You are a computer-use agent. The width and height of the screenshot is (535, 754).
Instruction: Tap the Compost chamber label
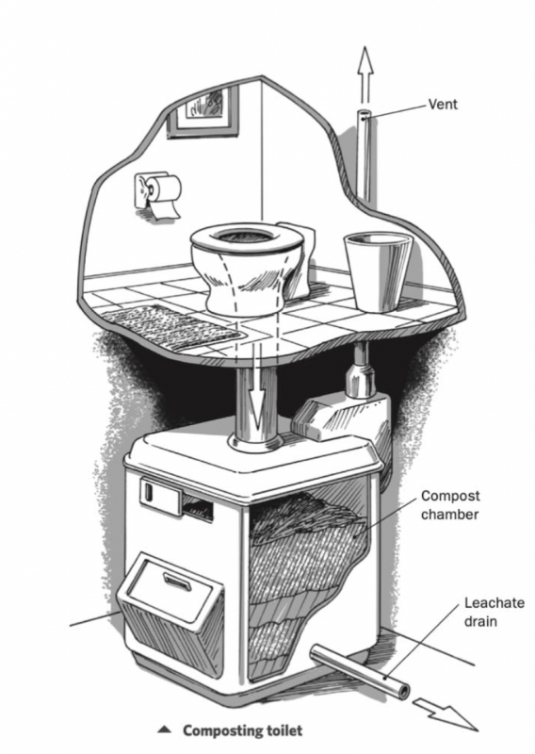click(450, 503)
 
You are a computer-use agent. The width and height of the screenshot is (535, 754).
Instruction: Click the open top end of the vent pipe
click(365, 117)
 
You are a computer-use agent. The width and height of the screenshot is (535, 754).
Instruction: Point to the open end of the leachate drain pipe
click(403, 691)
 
